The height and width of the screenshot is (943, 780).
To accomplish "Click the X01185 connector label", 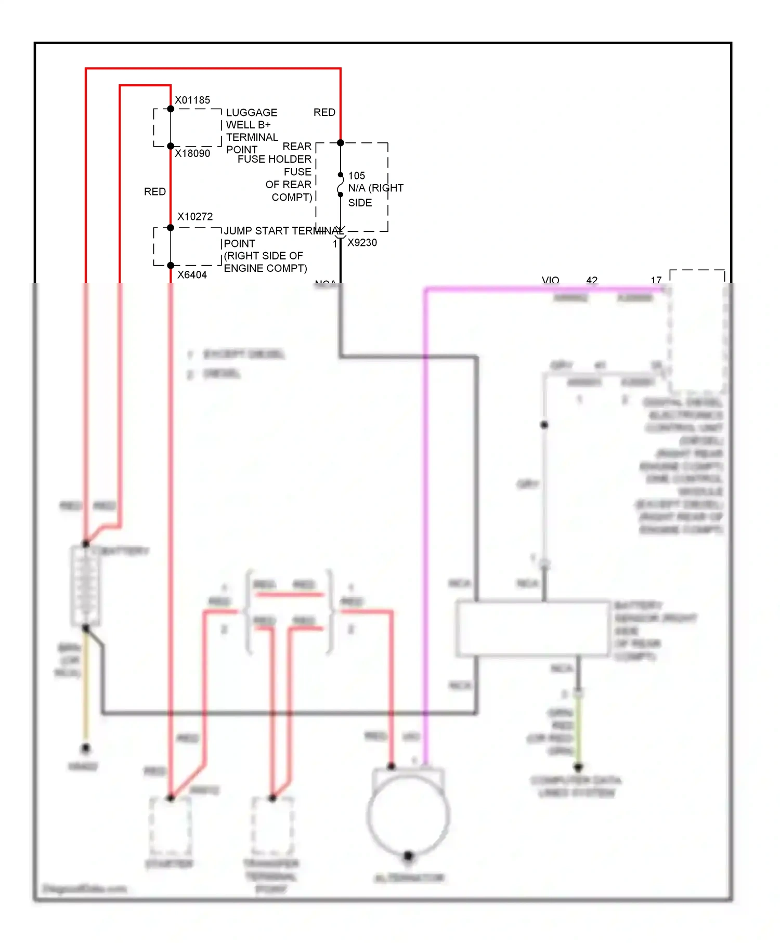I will click(192, 100).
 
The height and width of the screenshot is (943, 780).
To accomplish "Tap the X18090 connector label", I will click(192, 153).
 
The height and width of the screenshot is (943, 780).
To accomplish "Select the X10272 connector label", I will click(195, 216).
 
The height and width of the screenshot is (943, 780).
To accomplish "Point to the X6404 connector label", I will click(192, 274).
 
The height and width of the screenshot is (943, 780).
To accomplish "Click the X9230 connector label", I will click(362, 242).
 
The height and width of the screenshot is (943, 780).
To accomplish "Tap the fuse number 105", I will click(357, 176).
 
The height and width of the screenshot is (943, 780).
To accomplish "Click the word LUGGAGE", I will click(252, 112).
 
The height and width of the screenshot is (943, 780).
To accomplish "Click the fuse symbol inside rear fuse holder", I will click(341, 185).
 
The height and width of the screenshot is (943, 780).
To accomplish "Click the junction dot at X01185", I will click(171, 109).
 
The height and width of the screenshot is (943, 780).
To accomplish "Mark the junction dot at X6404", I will click(171, 266).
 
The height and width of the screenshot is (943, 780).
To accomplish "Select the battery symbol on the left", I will click(85, 585).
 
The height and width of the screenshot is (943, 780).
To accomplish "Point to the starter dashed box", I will click(170, 827).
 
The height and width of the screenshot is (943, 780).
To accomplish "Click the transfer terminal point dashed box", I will click(272, 827).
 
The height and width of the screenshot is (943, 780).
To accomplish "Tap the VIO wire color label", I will click(550, 280).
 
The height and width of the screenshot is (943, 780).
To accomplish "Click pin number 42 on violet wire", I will click(592, 280).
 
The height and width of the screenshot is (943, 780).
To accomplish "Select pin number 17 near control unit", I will click(656, 280).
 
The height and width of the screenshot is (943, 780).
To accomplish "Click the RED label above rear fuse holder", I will click(324, 112).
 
